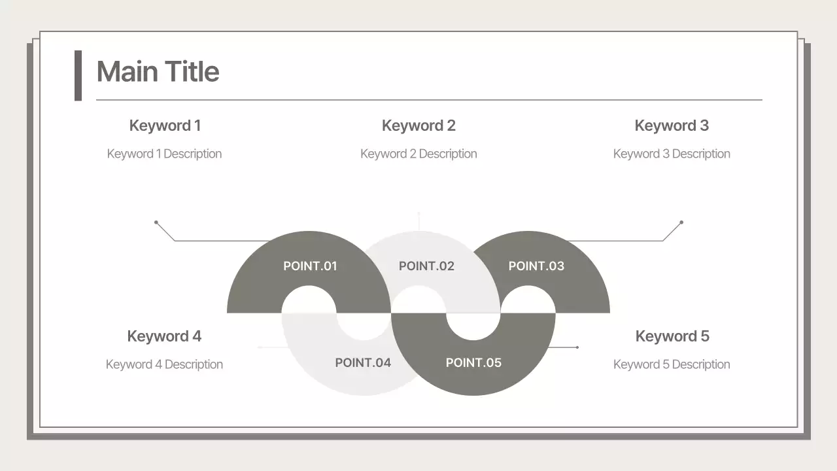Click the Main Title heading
pyautogui.click(x=158, y=71)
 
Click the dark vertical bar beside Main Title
pyautogui.click(x=78, y=75)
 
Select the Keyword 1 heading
pyautogui.click(x=165, y=126)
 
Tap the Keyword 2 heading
pyautogui.click(x=418, y=126)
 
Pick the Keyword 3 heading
pyautogui.click(x=672, y=126)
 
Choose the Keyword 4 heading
pyautogui.click(x=164, y=336)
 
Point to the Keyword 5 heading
pyautogui.click(x=672, y=336)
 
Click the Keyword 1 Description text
pyautogui.click(x=164, y=154)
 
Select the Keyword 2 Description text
pyautogui.click(x=418, y=154)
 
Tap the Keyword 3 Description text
pyautogui.click(x=672, y=154)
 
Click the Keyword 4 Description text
pyautogui.click(x=164, y=364)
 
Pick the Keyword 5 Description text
pyautogui.click(x=672, y=364)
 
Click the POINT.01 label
pyautogui.click(x=310, y=266)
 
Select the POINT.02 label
pyautogui.click(x=426, y=266)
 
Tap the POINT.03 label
pyautogui.click(x=536, y=266)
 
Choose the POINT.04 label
pyautogui.click(x=363, y=363)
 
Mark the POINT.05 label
pyautogui.click(x=473, y=363)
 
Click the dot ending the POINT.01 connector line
pyautogui.click(x=156, y=222)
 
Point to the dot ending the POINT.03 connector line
pyautogui.click(x=681, y=222)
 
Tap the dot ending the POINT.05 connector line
pyautogui.click(x=577, y=347)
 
